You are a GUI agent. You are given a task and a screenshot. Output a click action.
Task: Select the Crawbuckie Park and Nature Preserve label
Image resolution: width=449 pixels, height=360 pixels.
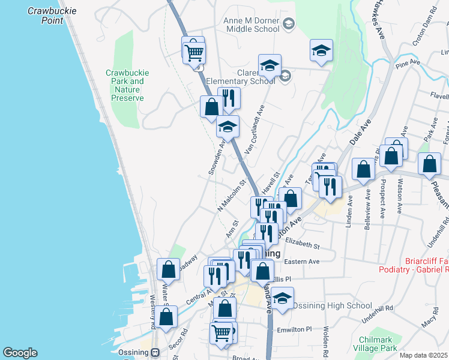point(127,85)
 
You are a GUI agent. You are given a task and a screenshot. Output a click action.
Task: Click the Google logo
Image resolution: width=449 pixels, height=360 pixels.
point(20,353)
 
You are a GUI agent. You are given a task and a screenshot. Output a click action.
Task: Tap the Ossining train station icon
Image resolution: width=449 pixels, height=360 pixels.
point(155,353)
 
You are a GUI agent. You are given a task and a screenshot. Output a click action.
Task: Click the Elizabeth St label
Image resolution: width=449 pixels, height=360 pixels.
point(303,244)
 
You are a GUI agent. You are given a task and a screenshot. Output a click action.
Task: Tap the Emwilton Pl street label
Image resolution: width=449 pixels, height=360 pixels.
point(295,329)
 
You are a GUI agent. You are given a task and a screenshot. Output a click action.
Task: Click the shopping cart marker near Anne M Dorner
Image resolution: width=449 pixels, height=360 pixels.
point(194,52)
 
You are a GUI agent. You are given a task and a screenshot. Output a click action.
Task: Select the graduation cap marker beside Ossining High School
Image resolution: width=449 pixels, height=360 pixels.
point(282,297)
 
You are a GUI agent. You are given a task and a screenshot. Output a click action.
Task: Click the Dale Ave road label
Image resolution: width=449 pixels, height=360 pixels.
point(360,132)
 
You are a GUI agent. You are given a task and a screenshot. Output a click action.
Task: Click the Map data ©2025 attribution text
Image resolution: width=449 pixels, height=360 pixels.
point(423,355)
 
